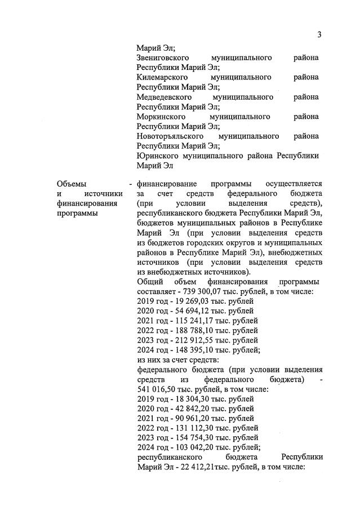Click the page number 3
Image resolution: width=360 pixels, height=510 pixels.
(x=319, y=35)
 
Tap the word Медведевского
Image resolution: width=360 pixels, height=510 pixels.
(x=164, y=97)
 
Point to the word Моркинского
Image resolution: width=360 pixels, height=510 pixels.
(x=161, y=117)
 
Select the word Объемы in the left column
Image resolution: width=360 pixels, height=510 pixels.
(x=72, y=184)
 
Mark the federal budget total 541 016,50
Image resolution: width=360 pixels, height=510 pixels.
(x=159, y=389)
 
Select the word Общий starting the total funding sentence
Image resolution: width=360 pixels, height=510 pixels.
(x=150, y=282)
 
